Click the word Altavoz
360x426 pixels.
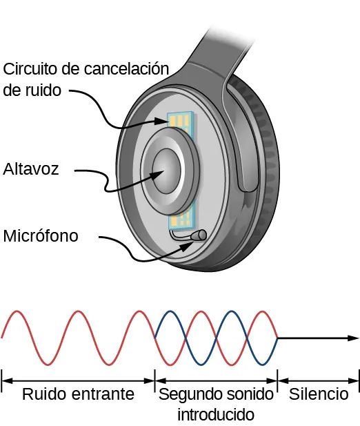tap(30, 168)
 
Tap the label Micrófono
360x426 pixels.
tap(41, 235)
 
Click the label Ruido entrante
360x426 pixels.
tap(77, 394)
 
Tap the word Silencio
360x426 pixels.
tap(319, 394)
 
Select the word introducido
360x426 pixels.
tap(216, 415)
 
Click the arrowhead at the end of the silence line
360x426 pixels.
tap(353, 338)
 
